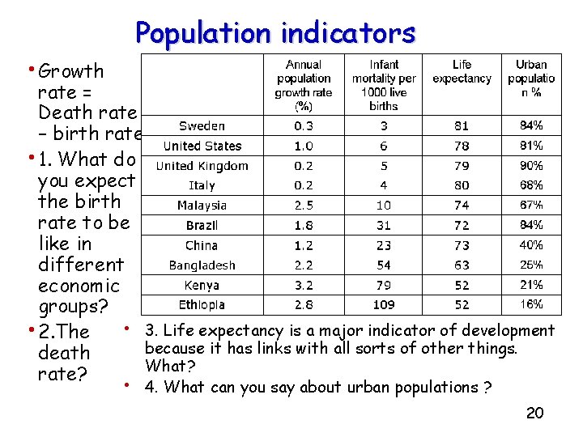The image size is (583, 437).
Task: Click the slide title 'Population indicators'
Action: pyautogui.click(x=275, y=33)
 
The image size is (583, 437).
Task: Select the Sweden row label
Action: pyautogui.click(x=202, y=126)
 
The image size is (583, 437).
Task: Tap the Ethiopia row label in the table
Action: pyautogui.click(x=202, y=305)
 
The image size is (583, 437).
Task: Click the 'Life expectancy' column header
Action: pyautogui.click(x=462, y=71)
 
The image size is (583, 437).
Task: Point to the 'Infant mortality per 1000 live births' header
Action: pyautogui.click(x=384, y=84)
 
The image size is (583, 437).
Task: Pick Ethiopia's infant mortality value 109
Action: pyautogui.click(x=384, y=305)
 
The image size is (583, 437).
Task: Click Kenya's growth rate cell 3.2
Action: pyautogui.click(x=304, y=285)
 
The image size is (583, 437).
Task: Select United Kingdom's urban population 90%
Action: pyautogui.click(x=531, y=166)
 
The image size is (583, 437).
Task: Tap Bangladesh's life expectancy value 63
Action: pyautogui.click(x=462, y=265)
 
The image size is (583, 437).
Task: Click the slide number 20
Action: pyautogui.click(x=534, y=414)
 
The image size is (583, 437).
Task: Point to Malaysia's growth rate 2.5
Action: pyautogui.click(x=304, y=206)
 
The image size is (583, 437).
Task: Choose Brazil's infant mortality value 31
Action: pyautogui.click(x=384, y=226)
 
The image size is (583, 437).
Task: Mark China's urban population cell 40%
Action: pyautogui.click(x=531, y=245)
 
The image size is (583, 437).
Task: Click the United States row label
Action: pyautogui.click(x=202, y=146)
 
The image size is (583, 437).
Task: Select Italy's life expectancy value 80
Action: pyautogui.click(x=462, y=186)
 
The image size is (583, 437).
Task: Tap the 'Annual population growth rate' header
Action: pyautogui.click(x=304, y=84)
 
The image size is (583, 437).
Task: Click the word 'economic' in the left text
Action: pyautogui.click(x=79, y=286)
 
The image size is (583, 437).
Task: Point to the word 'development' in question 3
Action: pyautogui.click(x=508, y=330)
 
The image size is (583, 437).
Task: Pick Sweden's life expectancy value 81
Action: pyautogui.click(x=462, y=126)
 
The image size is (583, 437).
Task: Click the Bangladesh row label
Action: pyautogui.click(x=202, y=265)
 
